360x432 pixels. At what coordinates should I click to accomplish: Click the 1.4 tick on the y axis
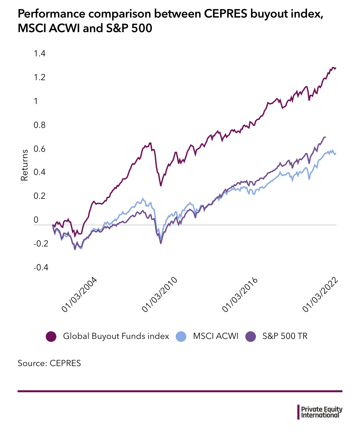click(40, 53)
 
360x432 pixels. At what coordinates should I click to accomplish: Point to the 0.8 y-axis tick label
click(40, 125)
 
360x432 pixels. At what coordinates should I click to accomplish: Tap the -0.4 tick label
click(41, 267)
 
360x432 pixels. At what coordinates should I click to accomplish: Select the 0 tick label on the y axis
click(36, 220)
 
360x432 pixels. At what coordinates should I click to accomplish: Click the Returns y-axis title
click(25, 165)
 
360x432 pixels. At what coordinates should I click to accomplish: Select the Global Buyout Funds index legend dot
click(51, 337)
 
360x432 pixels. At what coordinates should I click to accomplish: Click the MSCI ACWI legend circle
click(182, 337)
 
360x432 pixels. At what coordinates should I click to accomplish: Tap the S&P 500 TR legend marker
click(251, 337)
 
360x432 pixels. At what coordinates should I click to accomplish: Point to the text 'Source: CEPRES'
click(49, 363)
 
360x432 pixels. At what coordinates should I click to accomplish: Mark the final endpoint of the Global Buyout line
click(336, 68)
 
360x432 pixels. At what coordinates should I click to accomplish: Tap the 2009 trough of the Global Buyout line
click(161, 186)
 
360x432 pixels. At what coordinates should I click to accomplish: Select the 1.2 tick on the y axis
click(40, 78)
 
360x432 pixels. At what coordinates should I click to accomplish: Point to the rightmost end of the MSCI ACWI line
click(336, 153)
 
